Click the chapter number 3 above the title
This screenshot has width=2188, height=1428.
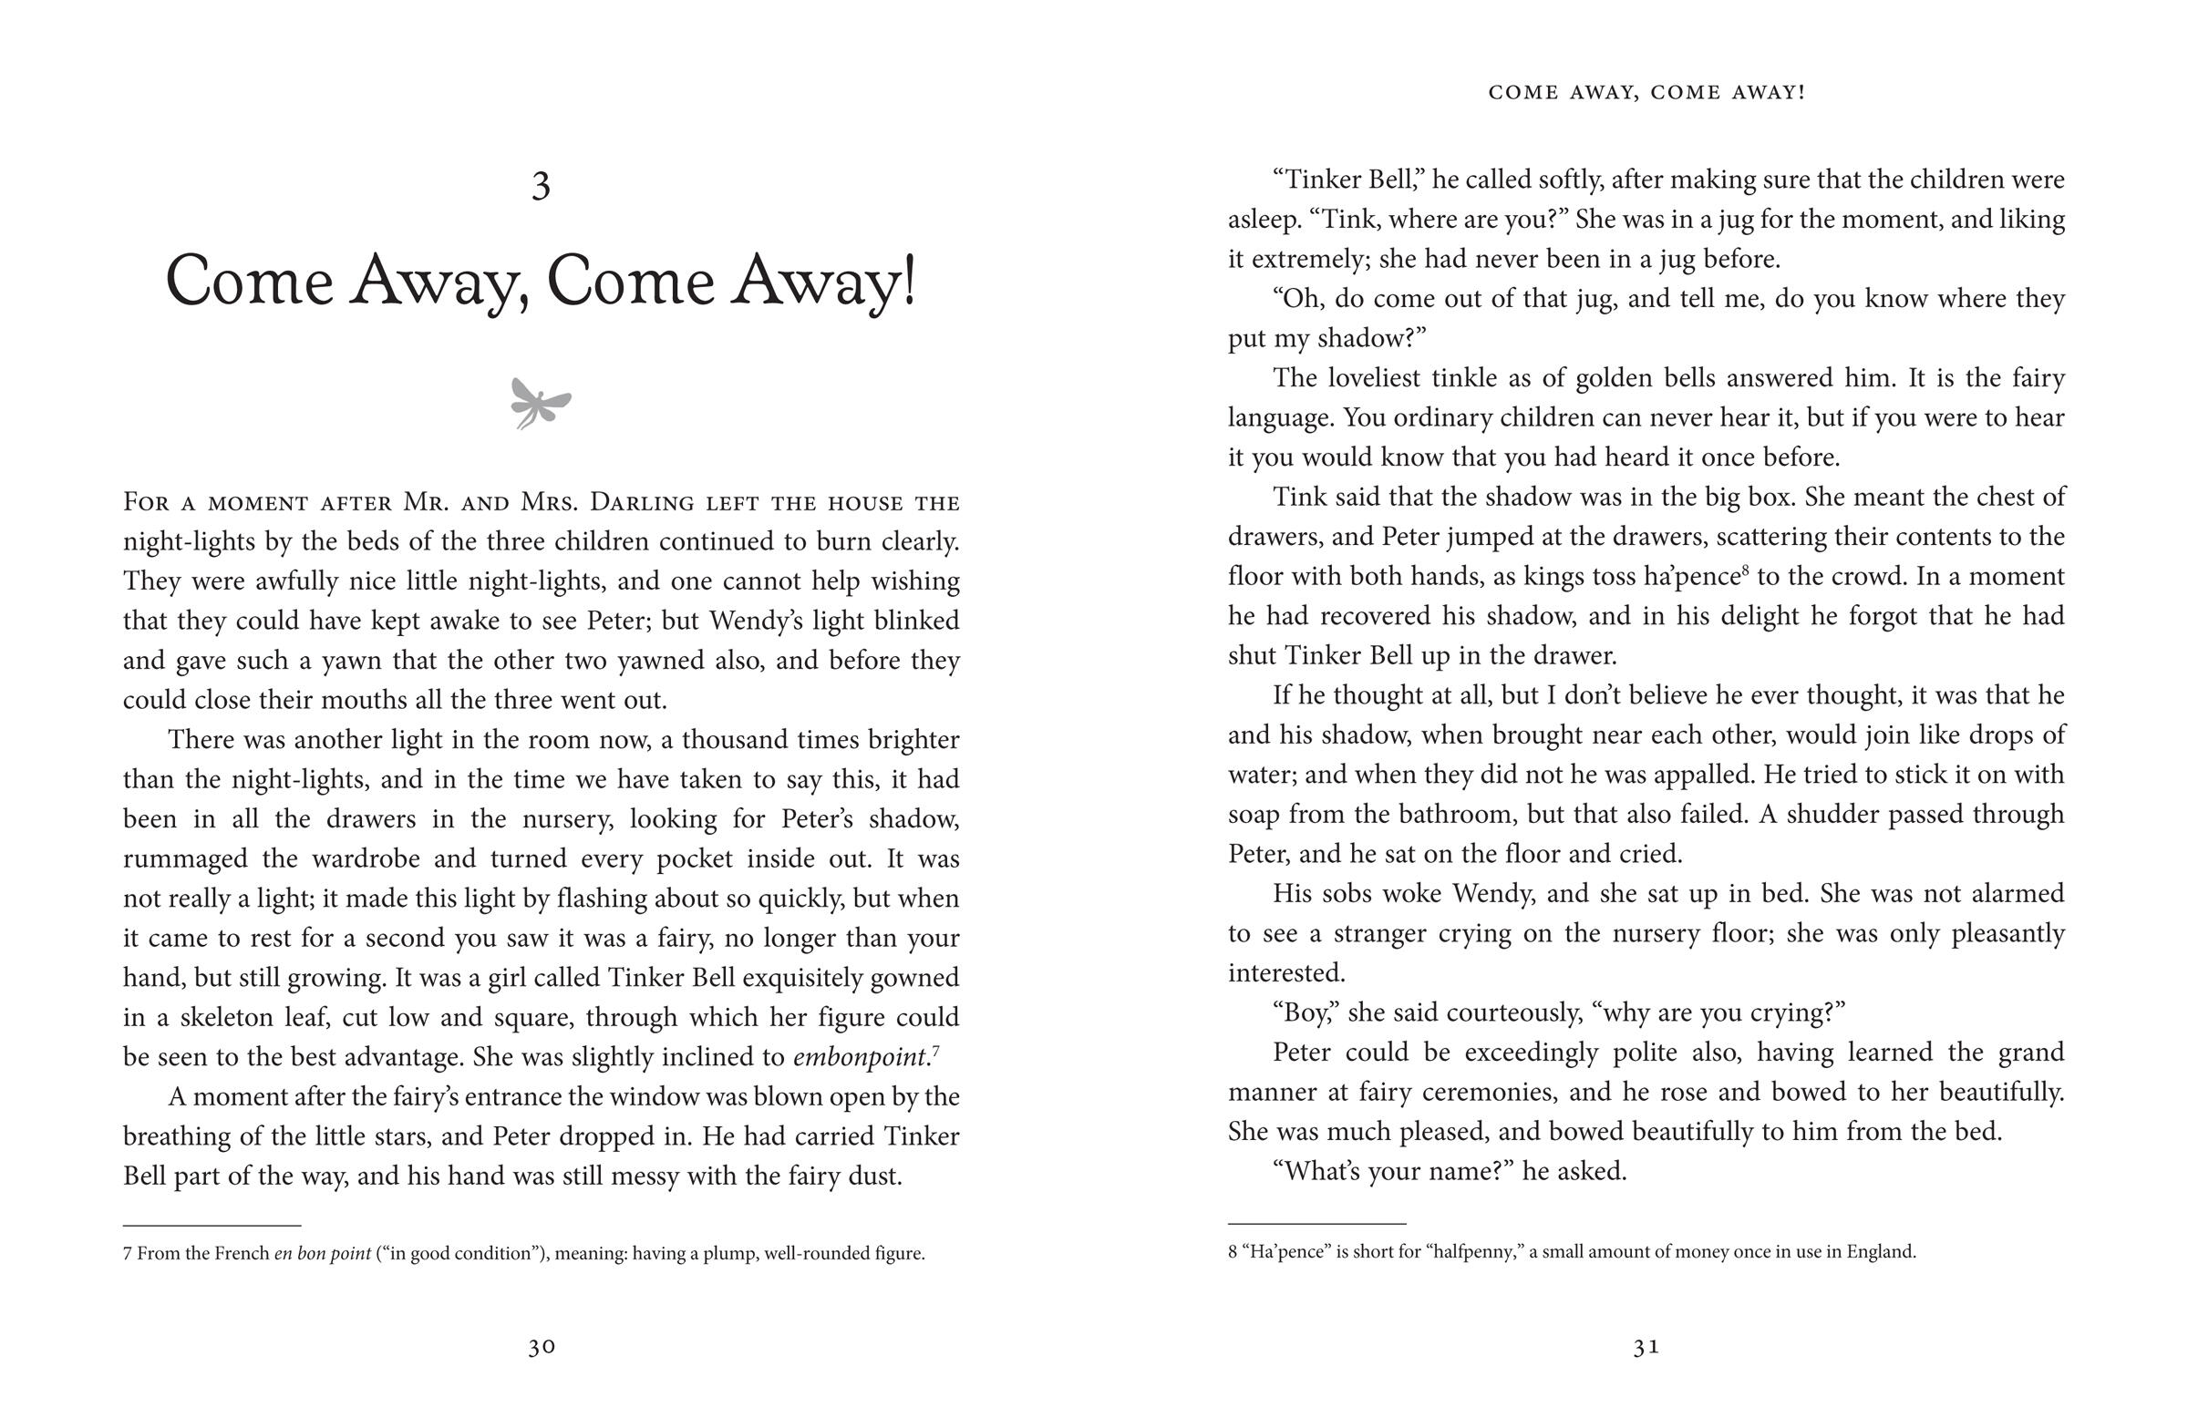(541, 187)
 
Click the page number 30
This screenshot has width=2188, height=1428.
(542, 1347)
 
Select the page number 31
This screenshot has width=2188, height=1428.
(1646, 1347)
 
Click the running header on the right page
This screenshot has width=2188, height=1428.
(1646, 93)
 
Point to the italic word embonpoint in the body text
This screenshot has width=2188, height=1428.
(859, 1057)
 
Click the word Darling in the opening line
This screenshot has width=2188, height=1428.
(639, 503)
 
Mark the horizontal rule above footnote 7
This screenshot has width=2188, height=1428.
(212, 1226)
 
